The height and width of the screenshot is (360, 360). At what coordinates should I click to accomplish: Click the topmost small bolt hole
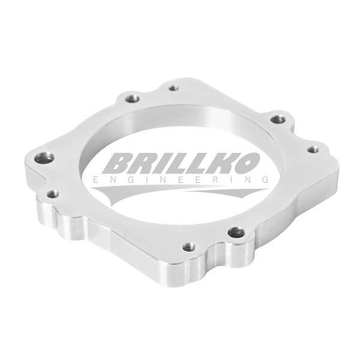coord(174,88)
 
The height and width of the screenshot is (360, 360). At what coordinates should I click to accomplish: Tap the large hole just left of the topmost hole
coord(133,99)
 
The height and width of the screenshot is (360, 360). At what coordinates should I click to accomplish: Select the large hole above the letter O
coord(278,119)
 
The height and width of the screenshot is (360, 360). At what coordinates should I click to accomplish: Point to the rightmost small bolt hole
coord(313,149)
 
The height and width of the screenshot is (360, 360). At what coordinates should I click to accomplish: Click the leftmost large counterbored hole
coord(44,158)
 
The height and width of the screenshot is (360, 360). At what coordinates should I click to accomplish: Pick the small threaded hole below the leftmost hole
coord(52,194)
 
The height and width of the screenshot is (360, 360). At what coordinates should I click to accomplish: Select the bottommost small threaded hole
coord(189,247)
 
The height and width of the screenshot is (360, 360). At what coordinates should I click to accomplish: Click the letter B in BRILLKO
coord(118,163)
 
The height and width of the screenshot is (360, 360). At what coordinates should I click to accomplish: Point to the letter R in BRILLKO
coord(142,163)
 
